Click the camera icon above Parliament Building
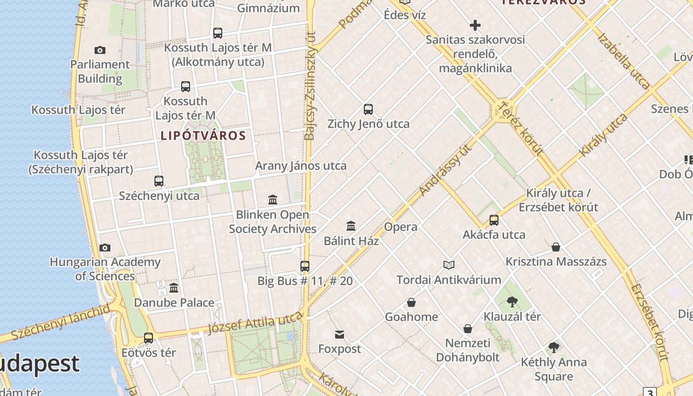click(x=100, y=50)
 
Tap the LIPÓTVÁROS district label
click(x=203, y=136)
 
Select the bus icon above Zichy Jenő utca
click(x=368, y=109)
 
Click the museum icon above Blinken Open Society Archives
click(x=273, y=200)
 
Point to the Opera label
click(x=401, y=227)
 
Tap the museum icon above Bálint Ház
click(x=351, y=226)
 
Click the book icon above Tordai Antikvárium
click(x=449, y=265)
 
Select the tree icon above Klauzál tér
click(x=512, y=301)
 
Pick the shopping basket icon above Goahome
click(x=411, y=302)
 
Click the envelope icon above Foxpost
click(x=340, y=335)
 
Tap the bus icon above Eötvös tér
click(x=148, y=338)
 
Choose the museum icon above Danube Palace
click(x=174, y=288)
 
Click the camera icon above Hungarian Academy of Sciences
click(x=105, y=247)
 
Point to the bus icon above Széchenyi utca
click(x=159, y=181)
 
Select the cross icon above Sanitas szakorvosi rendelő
click(x=475, y=25)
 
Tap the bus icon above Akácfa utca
click(x=494, y=220)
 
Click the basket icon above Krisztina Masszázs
click(x=556, y=247)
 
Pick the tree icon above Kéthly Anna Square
click(x=554, y=347)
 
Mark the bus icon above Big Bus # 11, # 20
click(x=305, y=266)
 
